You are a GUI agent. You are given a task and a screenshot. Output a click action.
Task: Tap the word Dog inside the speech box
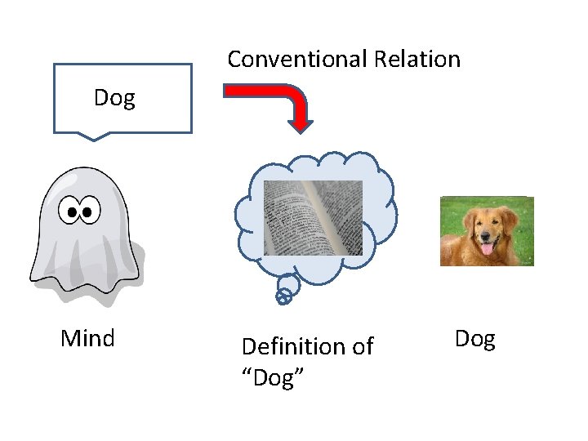(x=114, y=98)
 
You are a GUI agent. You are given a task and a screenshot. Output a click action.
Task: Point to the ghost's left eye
(x=73, y=212)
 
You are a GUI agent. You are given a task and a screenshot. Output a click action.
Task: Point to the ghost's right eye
(x=89, y=212)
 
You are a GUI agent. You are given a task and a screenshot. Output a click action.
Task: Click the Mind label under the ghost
(x=87, y=338)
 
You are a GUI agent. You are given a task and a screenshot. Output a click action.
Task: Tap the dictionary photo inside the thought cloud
(x=313, y=217)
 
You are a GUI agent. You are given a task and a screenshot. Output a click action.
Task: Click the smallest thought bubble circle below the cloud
(x=283, y=299)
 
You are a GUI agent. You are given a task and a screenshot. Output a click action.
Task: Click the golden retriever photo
(x=487, y=231)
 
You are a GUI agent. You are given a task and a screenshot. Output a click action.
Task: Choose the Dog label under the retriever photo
(x=474, y=338)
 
